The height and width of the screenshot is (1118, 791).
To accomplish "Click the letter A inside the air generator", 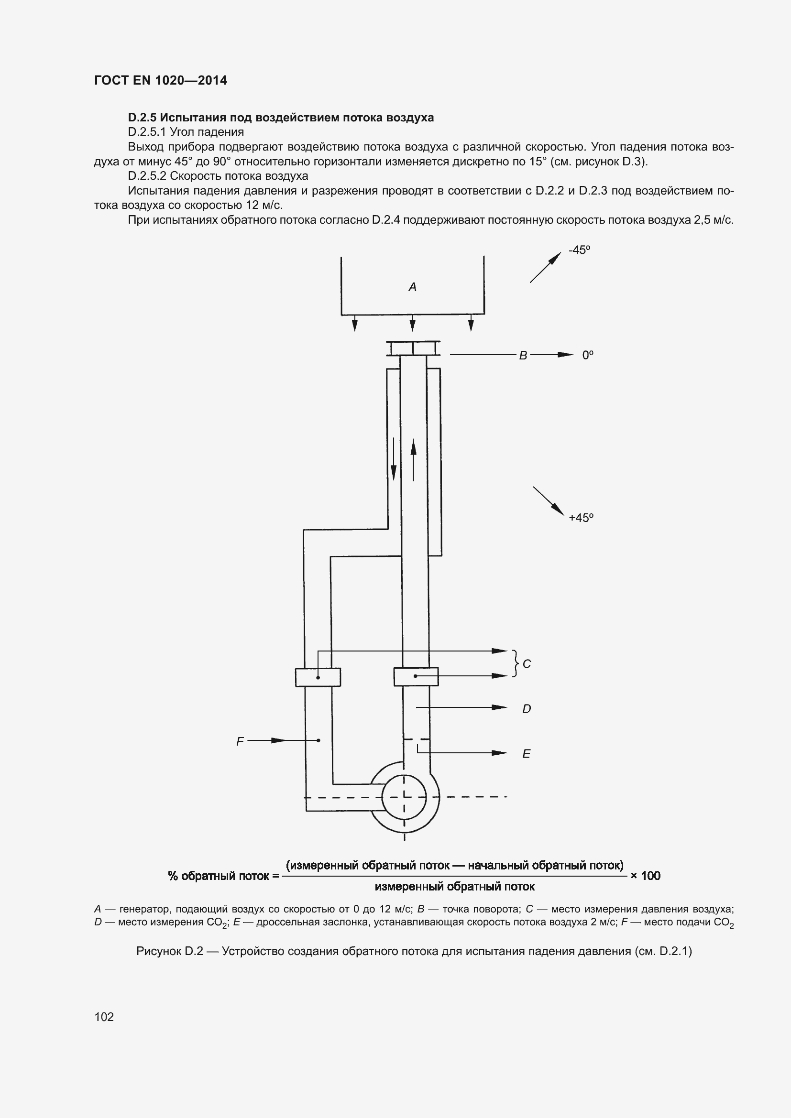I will point(412,287).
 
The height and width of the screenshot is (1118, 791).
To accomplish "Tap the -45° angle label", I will point(579,250).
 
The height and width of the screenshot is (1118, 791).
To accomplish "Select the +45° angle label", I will point(581,518).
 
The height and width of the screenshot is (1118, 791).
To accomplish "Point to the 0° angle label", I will point(587,356).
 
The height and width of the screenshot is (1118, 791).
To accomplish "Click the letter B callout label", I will point(523,356).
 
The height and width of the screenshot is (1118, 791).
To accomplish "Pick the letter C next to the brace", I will point(527,664).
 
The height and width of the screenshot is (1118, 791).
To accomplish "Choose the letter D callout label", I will point(527,709).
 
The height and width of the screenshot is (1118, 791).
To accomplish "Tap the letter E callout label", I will point(526,754).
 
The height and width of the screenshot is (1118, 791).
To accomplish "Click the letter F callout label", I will point(240,742).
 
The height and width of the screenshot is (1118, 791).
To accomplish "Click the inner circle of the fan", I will point(404,797).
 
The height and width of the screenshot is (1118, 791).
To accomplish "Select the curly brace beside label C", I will point(515,663).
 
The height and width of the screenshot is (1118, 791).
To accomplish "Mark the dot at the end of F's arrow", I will point(319,740).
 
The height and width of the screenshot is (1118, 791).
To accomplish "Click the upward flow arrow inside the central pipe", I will point(414,460).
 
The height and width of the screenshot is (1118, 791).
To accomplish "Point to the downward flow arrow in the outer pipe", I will point(394,460).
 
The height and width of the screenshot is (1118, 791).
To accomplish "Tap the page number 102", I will point(104,1017).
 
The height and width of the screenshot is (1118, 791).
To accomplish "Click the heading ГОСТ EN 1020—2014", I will point(160,80).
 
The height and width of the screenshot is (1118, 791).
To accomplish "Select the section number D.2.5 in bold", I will point(142,118).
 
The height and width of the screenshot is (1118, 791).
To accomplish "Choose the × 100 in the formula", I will point(645,876).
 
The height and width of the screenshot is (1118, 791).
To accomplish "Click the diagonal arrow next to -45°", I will point(546,267).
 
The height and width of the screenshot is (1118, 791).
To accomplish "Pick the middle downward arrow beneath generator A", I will point(413,323).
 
